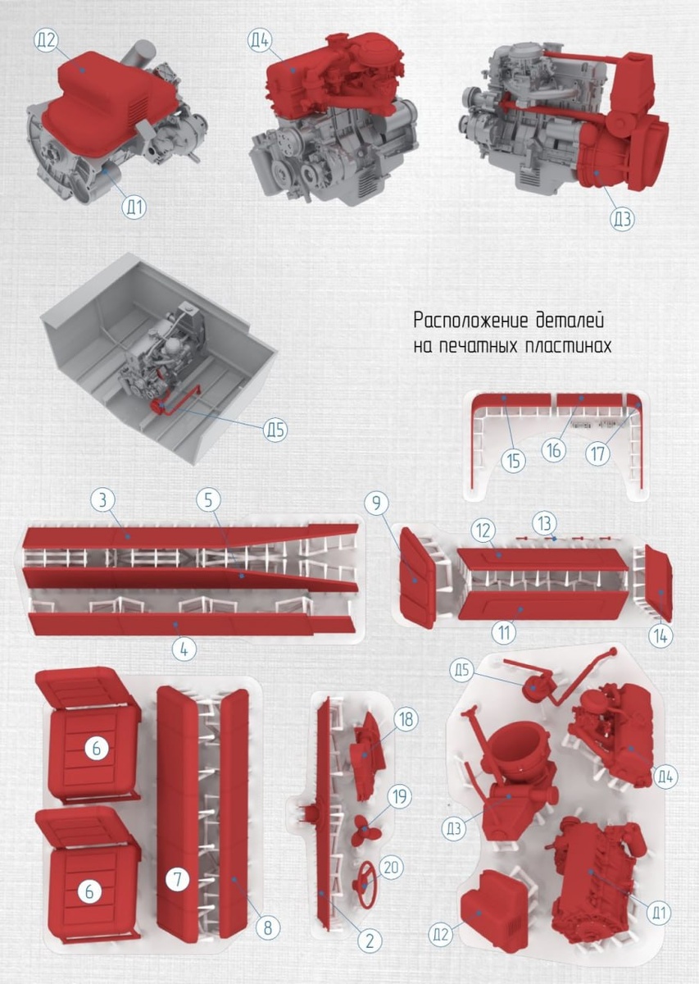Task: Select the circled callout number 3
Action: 102,500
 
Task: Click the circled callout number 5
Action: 209,500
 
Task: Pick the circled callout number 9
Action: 377,504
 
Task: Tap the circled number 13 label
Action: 544,523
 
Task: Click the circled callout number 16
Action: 554,450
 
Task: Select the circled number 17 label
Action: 598,453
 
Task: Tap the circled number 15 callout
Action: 513,461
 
